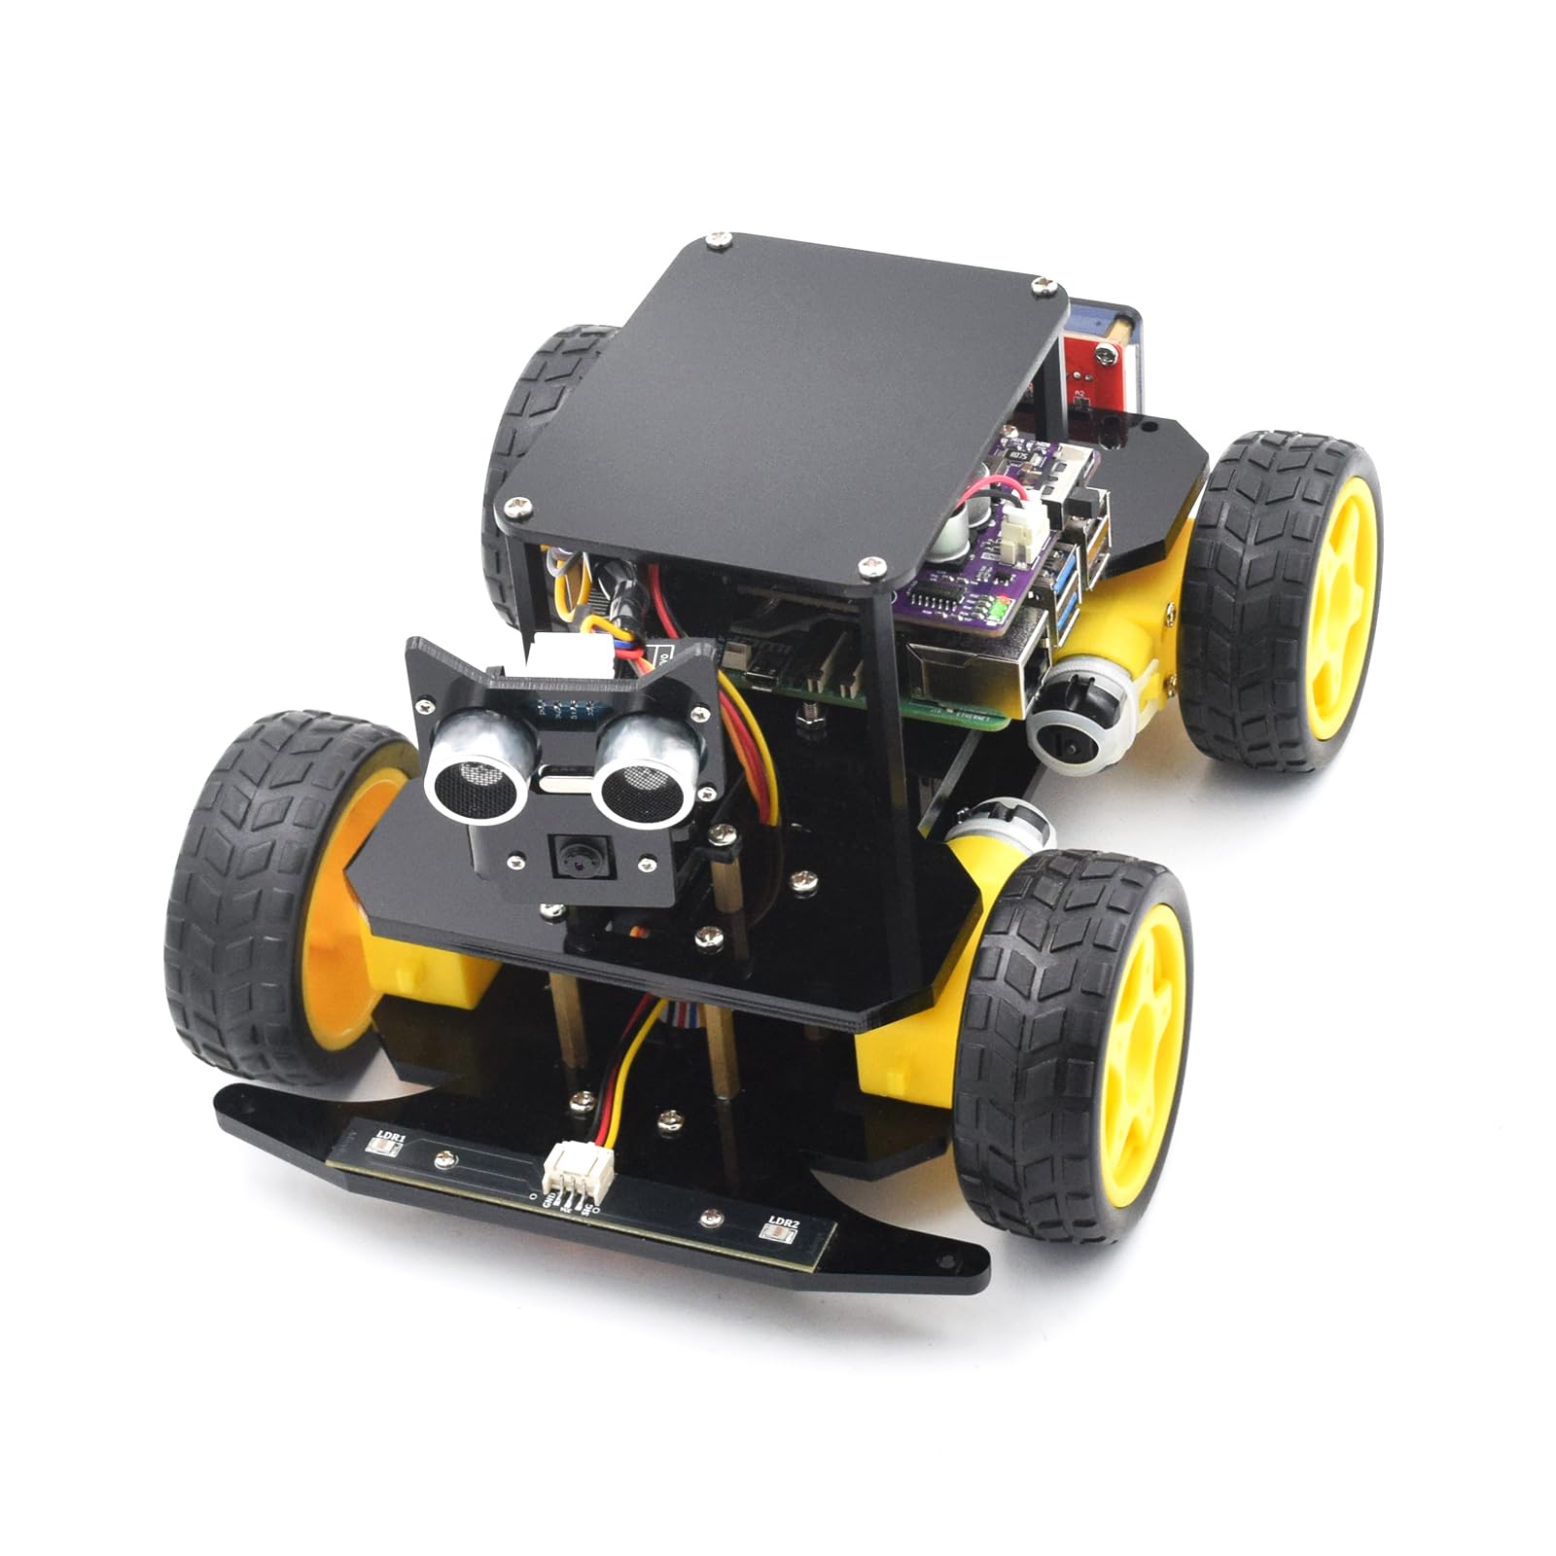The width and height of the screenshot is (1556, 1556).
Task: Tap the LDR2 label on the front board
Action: [783, 1221]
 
